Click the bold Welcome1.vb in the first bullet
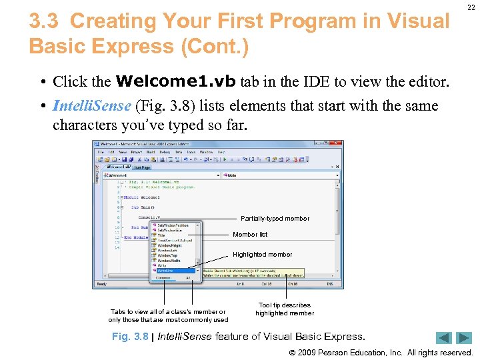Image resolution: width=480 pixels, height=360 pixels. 176,82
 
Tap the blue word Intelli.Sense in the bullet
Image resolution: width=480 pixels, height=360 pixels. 92,106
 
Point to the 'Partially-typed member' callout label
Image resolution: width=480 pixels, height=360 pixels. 275,218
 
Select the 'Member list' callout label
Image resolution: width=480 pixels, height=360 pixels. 250,235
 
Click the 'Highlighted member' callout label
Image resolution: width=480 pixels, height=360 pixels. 262,254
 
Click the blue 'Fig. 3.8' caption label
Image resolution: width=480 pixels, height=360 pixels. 130,337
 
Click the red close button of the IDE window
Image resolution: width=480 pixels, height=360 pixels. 338,143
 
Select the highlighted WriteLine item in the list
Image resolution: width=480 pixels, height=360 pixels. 167,271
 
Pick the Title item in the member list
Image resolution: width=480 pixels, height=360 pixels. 161,235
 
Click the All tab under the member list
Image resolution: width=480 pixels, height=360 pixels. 188,277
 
